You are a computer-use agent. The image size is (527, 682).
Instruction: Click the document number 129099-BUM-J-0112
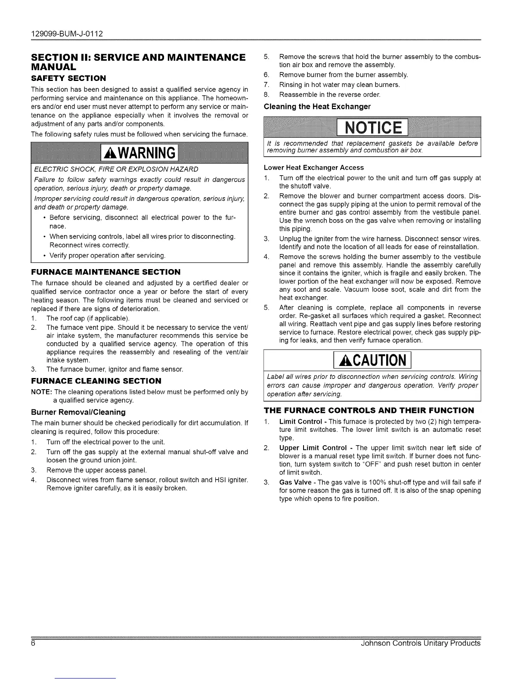point(67,33)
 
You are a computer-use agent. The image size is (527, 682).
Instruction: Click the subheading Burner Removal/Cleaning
point(78,412)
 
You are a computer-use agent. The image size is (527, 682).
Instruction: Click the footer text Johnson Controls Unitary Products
point(420,643)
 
